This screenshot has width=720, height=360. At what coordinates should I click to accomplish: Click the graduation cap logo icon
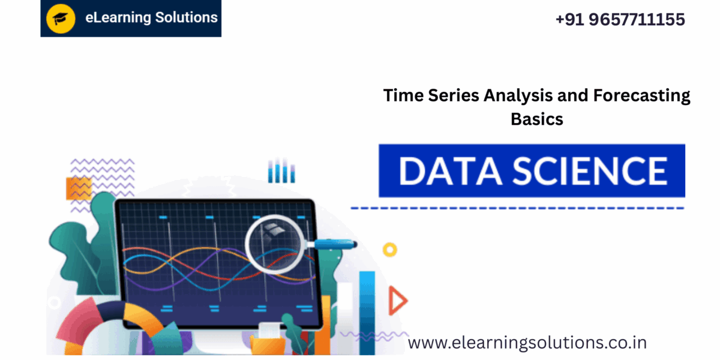point(61,19)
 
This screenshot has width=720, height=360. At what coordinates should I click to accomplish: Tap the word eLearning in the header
point(118,17)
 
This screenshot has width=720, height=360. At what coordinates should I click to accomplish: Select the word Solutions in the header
point(187,17)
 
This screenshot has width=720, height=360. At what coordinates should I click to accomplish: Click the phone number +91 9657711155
point(620,19)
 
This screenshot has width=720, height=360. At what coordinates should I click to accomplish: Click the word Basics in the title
point(537,119)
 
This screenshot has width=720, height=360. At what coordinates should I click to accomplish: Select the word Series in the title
point(454,95)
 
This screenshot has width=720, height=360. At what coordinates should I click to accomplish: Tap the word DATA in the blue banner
point(450,171)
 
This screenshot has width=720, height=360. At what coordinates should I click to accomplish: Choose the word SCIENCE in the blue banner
point(589,171)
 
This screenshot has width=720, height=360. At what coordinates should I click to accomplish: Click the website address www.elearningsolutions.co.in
point(527,343)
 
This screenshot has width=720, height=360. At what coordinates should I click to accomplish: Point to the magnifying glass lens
point(274,244)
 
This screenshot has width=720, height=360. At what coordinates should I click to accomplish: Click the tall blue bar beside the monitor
point(367,313)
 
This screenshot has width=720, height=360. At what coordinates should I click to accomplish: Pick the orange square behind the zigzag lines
point(79,188)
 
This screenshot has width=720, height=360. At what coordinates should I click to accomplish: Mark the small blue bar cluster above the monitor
point(281,171)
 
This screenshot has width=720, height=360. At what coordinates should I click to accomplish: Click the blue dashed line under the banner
point(517,208)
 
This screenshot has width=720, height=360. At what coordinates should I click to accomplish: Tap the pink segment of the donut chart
point(79,318)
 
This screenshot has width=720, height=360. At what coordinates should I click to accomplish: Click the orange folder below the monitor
point(268,344)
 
